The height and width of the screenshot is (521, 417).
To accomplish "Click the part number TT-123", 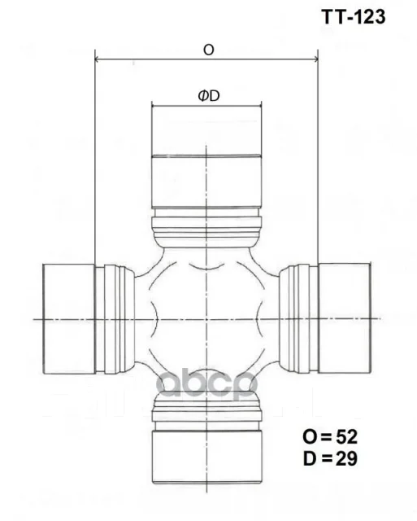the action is pyautogui.click(x=354, y=16).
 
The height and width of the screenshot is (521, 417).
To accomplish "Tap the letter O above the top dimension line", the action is pyautogui.click(x=209, y=50).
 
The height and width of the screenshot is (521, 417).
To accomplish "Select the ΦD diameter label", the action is pyautogui.click(x=209, y=96).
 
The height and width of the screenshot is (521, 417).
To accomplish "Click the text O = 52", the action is pyautogui.click(x=330, y=436).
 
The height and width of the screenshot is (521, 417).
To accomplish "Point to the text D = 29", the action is pyautogui.click(x=330, y=458).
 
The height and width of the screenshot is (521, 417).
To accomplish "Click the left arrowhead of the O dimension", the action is pyautogui.click(x=98, y=59).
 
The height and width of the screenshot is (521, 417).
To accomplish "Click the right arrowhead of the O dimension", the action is pyautogui.click(x=315, y=59).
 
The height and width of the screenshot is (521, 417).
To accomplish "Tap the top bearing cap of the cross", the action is pyautogui.click(x=206, y=157).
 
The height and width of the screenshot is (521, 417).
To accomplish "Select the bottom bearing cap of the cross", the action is pyautogui.click(x=206, y=457).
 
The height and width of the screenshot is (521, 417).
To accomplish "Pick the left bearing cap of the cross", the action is pyautogui.click(x=69, y=318).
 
